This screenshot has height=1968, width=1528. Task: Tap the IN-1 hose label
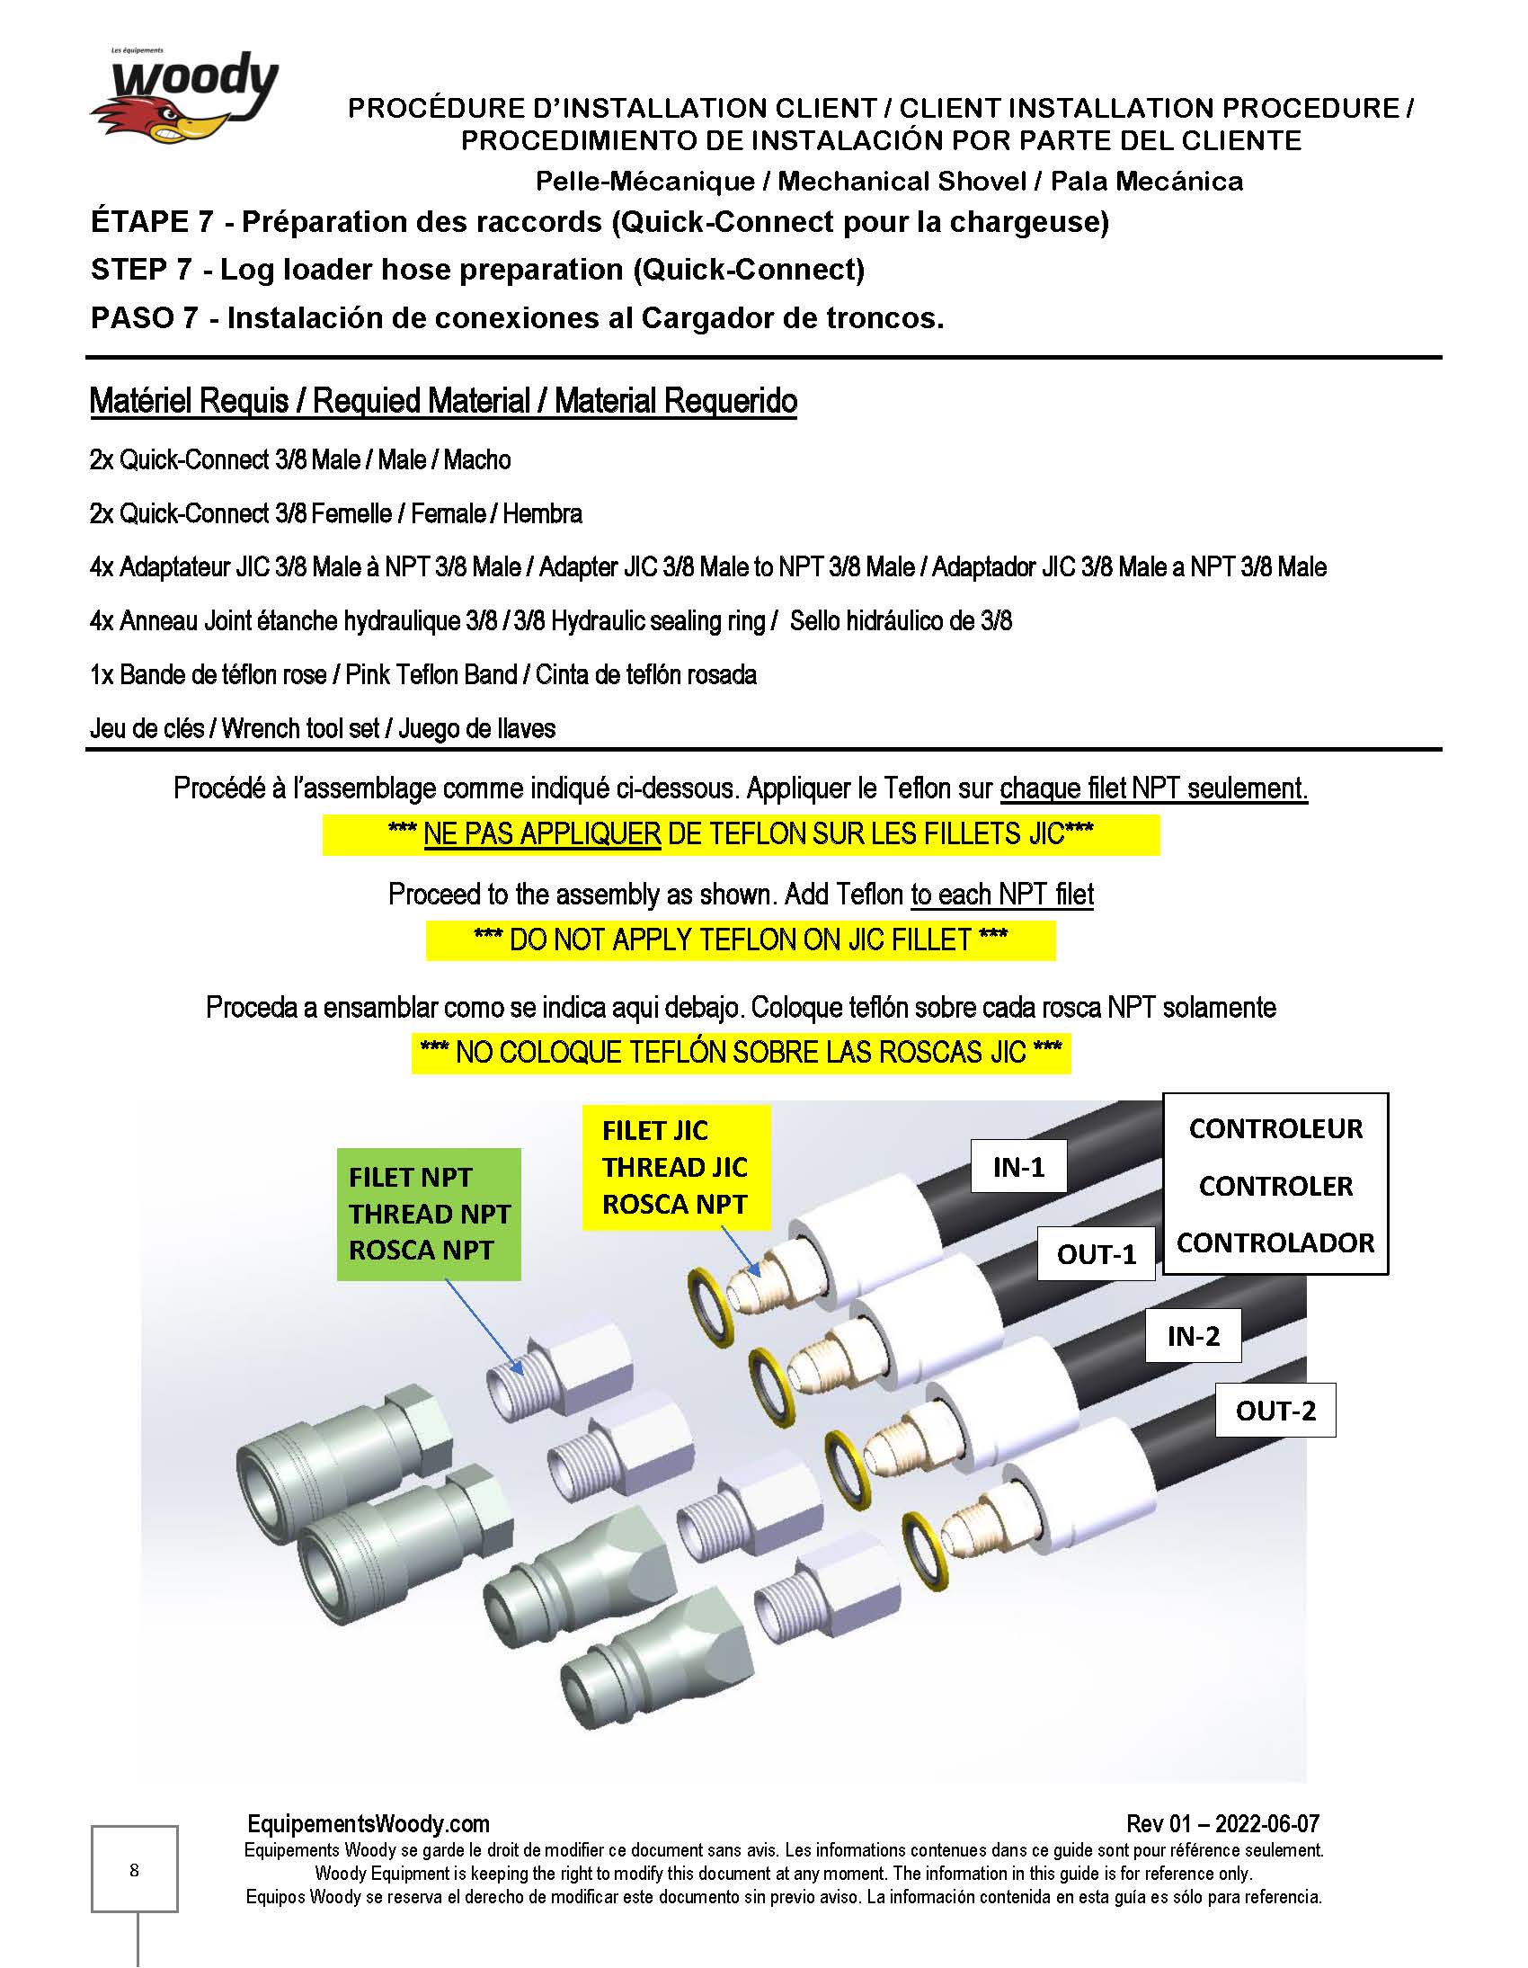(x=1018, y=1167)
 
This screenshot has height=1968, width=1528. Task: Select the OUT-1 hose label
(x=1096, y=1253)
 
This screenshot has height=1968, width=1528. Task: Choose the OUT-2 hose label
(x=1275, y=1411)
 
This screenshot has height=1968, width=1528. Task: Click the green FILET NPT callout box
(x=429, y=1214)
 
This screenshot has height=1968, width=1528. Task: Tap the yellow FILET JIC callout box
(x=676, y=1167)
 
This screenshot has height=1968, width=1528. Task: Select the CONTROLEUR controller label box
(x=1275, y=1184)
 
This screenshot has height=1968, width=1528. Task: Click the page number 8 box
(x=134, y=1870)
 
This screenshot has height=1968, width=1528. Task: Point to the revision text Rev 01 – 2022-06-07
(x=1222, y=1824)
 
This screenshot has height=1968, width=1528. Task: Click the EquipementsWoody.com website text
(x=369, y=1824)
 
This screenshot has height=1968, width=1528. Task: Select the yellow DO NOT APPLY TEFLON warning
(x=740, y=939)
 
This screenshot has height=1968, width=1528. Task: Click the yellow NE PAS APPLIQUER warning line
(x=740, y=833)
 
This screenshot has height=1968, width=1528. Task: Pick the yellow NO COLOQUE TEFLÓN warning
(x=741, y=1052)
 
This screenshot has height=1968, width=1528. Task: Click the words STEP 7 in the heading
(x=141, y=270)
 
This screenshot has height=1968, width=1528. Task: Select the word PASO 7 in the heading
(x=143, y=318)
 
